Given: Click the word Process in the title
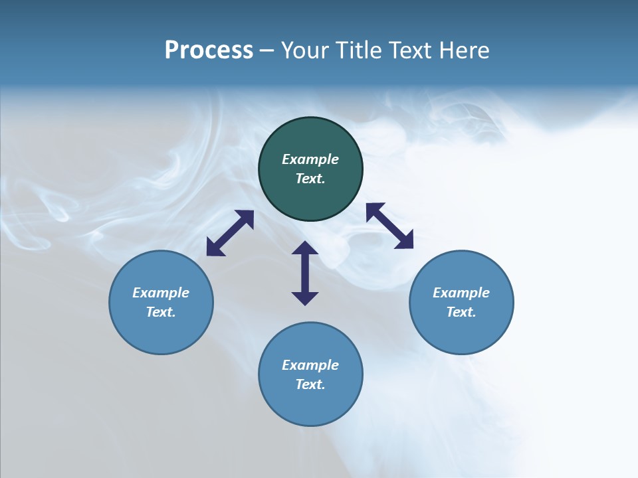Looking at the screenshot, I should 209,50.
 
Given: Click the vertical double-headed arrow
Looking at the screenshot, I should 305,273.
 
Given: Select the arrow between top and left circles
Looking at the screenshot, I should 230,233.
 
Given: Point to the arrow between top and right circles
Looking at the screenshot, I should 389,226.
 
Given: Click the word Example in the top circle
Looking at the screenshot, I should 310,159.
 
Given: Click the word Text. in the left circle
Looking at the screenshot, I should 161,312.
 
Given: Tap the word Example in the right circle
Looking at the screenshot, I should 461,293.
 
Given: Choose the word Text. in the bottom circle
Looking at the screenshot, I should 310,384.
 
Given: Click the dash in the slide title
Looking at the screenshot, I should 266,50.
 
